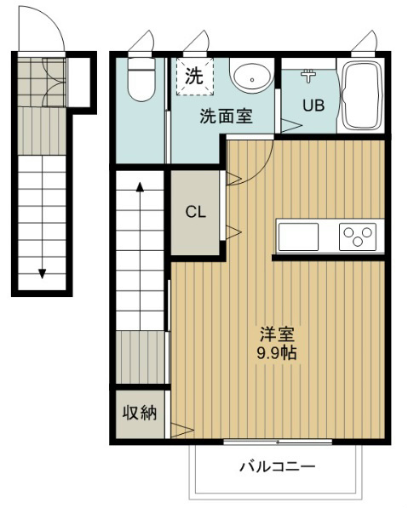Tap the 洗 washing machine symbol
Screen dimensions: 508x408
193,74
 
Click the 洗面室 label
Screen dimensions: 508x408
226,117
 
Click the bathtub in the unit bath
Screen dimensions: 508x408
361,94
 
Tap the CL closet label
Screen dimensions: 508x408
197,213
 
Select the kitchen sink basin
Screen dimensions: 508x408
298,237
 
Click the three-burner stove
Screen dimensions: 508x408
358,237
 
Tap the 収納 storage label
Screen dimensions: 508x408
140,414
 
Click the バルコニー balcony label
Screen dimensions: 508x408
277,466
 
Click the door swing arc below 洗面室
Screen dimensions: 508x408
254,166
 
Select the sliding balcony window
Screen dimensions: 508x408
277,442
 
